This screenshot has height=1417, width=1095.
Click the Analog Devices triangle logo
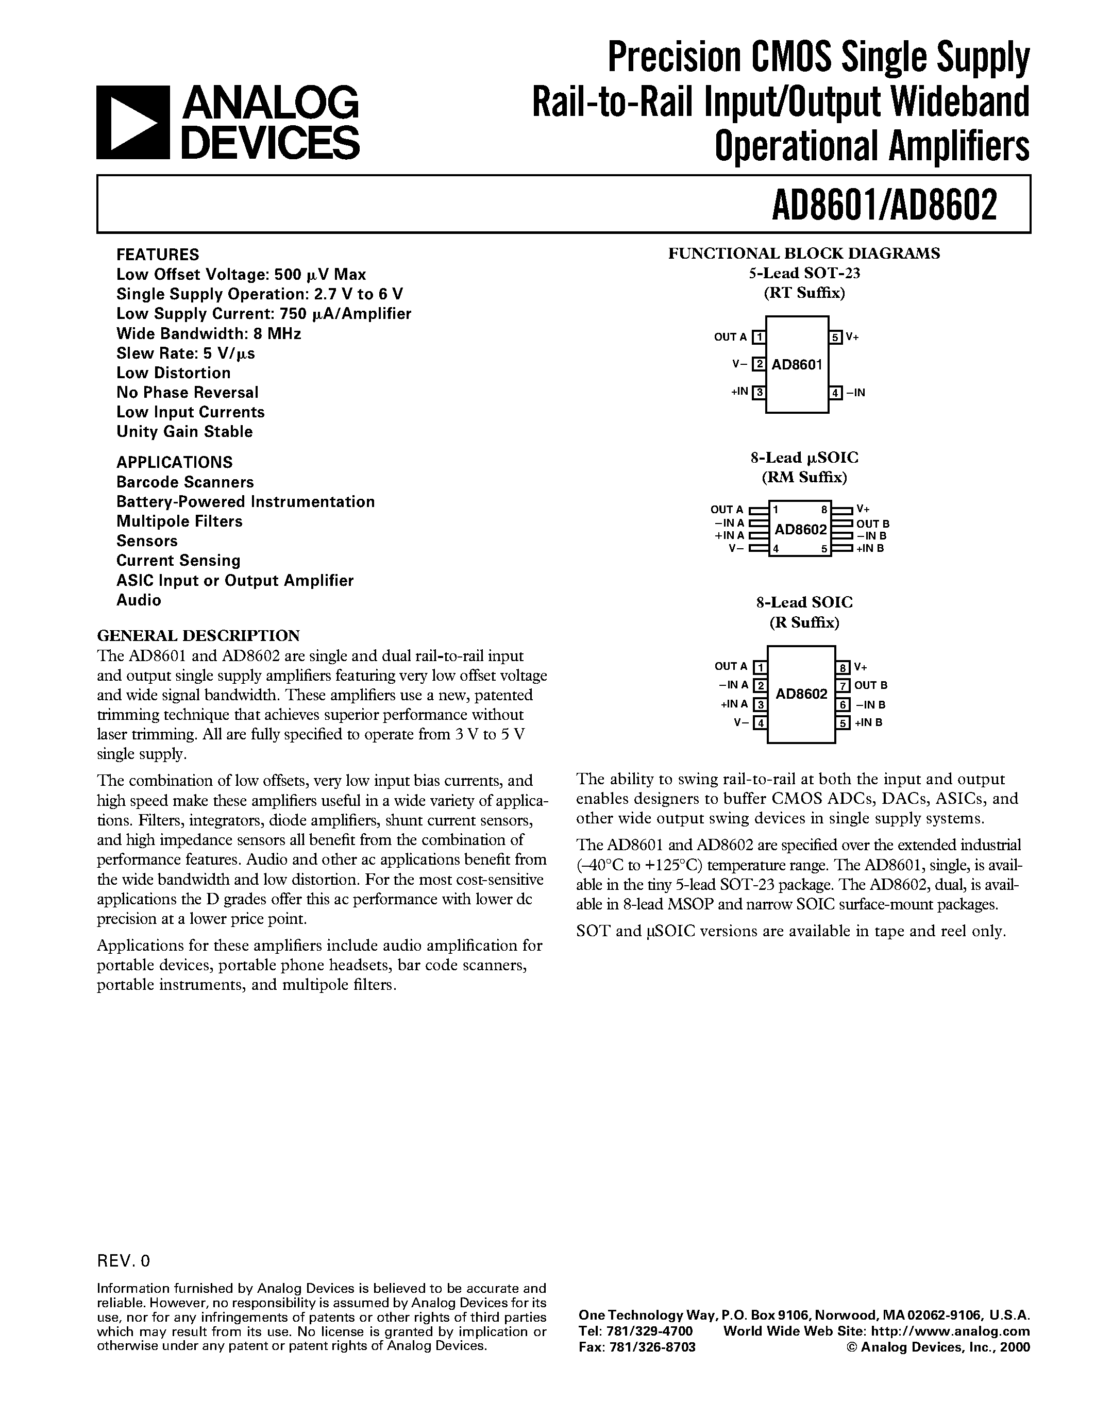pos(133,123)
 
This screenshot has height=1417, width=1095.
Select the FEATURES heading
pos(158,255)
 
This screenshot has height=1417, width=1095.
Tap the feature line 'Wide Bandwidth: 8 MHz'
pos(208,333)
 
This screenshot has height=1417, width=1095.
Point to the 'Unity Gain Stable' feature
pos(184,431)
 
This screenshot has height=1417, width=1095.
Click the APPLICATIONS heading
pos(174,462)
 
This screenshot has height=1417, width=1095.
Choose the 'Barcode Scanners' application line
pos(185,482)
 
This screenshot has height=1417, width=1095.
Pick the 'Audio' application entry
pos(138,600)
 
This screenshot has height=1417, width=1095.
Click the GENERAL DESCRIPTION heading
pos(198,635)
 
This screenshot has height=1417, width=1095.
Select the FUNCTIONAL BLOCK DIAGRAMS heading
pos(804,254)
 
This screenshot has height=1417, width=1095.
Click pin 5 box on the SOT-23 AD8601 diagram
pos(835,338)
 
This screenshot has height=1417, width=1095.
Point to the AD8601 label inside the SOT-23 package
pos(797,365)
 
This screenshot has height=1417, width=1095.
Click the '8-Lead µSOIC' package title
pos(804,458)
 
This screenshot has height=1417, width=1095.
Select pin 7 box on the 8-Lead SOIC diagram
pos(843,685)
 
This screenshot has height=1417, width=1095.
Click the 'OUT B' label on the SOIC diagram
pos(870,685)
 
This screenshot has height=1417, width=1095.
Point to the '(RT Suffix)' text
pos(804,293)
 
